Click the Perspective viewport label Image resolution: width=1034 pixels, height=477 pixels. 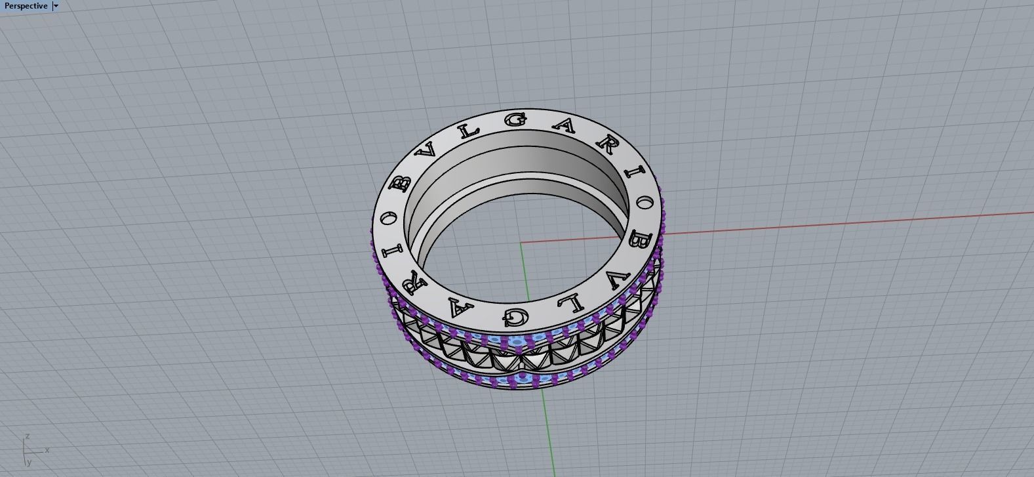click(x=26, y=6)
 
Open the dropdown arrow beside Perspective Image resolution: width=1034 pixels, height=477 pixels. click(x=56, y=6)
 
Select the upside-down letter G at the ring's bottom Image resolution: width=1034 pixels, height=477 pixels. click(x=516, y=317)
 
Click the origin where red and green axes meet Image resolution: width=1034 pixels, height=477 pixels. click(x=521, y=243)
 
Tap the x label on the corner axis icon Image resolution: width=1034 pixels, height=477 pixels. click(x=47, y=450)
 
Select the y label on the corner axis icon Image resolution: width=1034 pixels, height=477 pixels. click(x=29, y=463)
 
